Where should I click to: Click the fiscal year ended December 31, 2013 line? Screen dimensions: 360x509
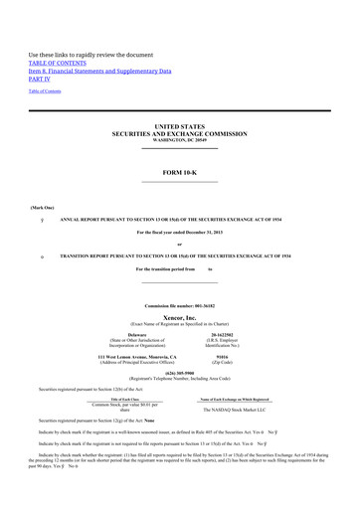(x=180, y=231)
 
